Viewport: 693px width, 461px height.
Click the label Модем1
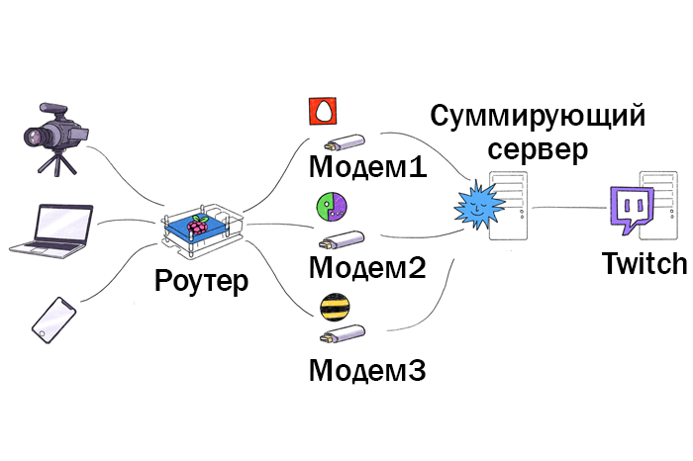[x=367, y=165]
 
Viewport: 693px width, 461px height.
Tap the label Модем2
[x=367, y=267]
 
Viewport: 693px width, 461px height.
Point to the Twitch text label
[x=643, y=264]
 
